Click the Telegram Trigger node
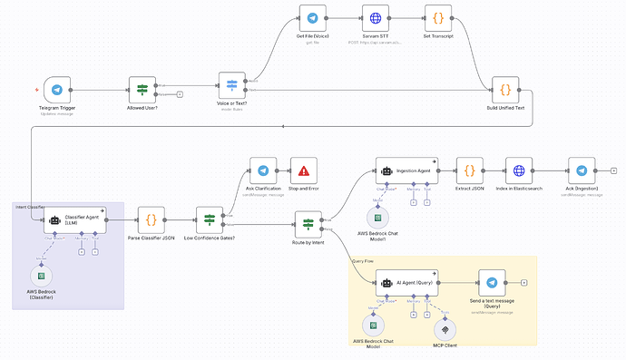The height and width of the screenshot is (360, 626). (x=56, y=91)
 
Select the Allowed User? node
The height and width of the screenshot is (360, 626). (x=142, y=91)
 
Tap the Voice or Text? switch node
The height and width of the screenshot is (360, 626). (x=232, y=86)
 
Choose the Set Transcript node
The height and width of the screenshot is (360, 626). (x=438, y=19)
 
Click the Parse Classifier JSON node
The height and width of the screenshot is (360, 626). (x=151, y=219)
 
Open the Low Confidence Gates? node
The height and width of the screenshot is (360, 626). (x=210, y=219)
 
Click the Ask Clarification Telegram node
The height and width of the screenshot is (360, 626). (x=263, y=170)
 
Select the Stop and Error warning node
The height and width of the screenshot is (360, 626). (x=303, y=170)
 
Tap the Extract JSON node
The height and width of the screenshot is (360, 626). (x=469, y=170)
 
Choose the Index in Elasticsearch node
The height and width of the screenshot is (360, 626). (x=519, y=170)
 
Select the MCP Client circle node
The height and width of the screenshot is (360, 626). (x=444, y=327)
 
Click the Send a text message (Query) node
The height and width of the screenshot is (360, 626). (x=491, y=283)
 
